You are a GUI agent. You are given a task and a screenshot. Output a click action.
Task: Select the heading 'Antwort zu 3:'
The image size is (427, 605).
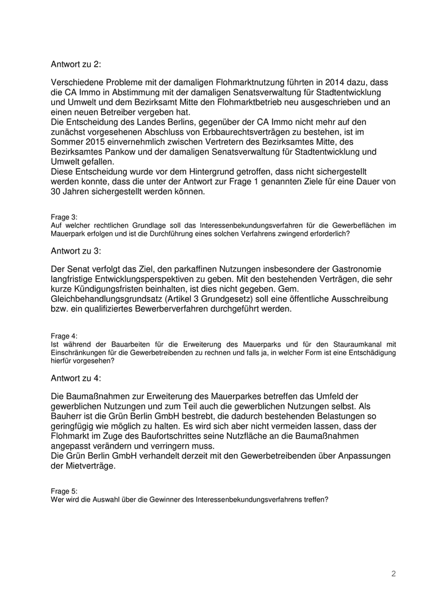pos(75,251)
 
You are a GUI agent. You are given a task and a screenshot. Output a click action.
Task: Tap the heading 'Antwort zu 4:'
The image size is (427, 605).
pos(75,379)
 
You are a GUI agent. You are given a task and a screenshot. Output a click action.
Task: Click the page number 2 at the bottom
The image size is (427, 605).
pos(393,574)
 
